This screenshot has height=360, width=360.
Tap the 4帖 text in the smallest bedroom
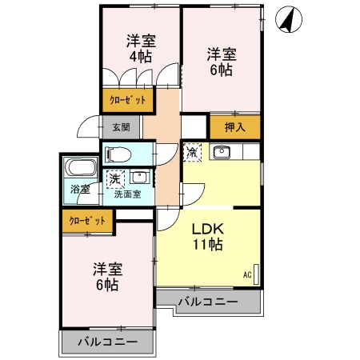[x=139, y=57]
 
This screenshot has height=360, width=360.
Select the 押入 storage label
[x=234, y=127]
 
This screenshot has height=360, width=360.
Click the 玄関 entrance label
[x=122, y=127]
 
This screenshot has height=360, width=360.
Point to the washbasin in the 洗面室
[x=141, y=177]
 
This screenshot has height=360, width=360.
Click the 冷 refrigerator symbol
[x=192, y=150]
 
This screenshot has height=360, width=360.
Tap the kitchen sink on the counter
[x=221, y=152]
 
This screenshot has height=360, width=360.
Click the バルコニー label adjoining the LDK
[x=207, y=302]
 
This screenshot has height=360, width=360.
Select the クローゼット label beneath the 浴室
[x=87, y=220]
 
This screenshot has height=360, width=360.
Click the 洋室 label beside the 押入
[x=222, y=55]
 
